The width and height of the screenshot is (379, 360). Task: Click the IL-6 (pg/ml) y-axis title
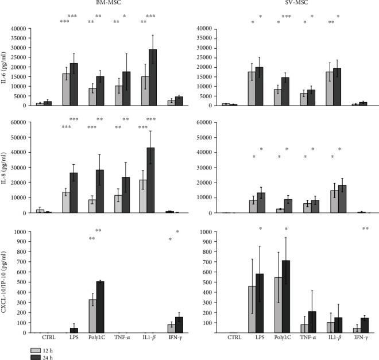5,66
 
